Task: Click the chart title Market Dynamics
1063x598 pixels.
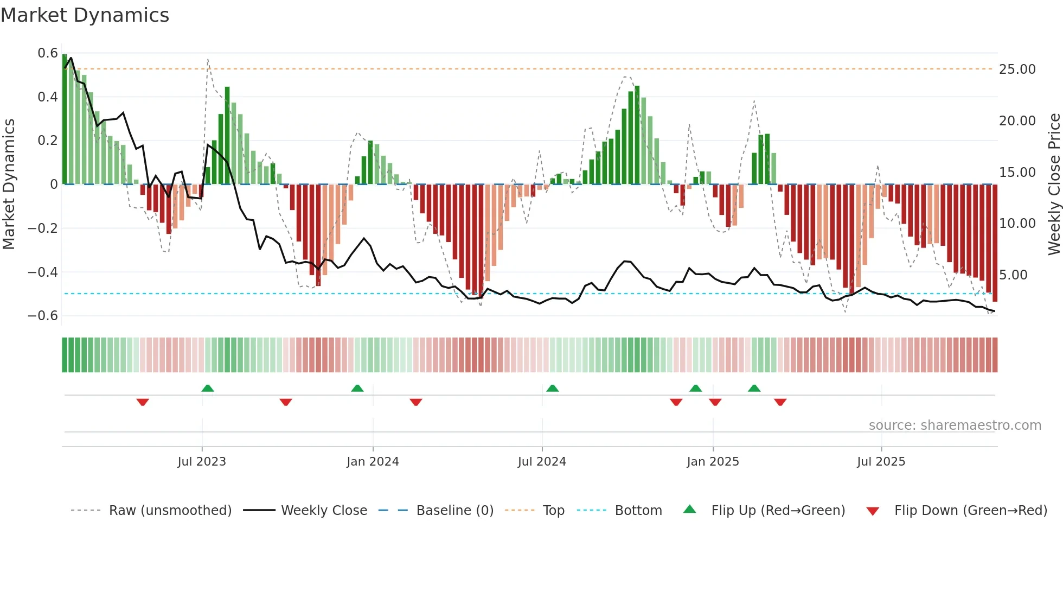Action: pos(85,15)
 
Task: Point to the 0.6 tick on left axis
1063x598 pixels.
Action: pos(48,53)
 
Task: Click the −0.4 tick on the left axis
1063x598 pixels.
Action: pos(43,272)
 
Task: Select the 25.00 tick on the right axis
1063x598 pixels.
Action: pos(1017,69)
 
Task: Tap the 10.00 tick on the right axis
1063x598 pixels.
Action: pos(1017,224)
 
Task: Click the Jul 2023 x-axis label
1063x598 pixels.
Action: pos(202,462)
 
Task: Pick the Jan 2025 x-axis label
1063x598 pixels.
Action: pos(713,462)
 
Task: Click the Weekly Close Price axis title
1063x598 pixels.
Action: pos(1054,185)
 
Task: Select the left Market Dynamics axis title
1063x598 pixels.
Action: pos(9,185)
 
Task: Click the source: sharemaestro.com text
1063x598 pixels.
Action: pos(955,425)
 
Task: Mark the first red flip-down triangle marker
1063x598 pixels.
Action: pos(143,402)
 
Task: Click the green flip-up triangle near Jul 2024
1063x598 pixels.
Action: pos(552,388)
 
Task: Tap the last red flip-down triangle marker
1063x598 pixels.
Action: pos(780,402)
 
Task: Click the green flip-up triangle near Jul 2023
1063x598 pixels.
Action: pos(207,388)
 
